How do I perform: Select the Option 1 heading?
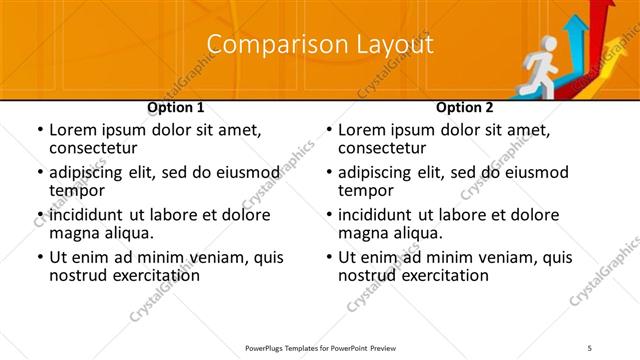click(x=176, y=107)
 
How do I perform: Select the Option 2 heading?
click(x=465, y=107)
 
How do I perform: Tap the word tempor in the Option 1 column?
click(x=76, y=190)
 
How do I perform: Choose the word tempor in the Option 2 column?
click(x=365, y=190)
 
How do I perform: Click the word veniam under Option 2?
click(x=505, y=257)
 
